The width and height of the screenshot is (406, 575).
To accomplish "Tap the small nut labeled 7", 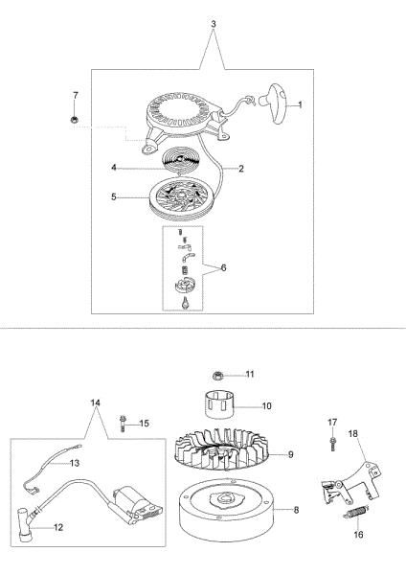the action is [x=75, y=119].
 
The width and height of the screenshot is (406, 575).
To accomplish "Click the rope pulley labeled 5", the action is [x=180, y=198].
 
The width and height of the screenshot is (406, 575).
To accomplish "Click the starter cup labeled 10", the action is [x=219, y=405].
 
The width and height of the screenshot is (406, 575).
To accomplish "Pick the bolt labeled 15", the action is [x=123, y=424].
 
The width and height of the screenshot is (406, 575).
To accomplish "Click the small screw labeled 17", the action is [x=332, y=444].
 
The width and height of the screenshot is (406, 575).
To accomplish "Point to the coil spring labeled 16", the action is [x=355, y=512].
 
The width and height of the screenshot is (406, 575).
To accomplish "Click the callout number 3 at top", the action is [x=214, y=24].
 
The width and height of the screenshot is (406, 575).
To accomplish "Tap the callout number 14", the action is [x=95, y=402].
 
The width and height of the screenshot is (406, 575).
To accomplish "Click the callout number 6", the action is [x=223, y=267].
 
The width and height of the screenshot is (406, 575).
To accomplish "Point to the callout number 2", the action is [x=240, y=169].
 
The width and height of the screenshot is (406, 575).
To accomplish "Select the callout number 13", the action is [x=75, y=463].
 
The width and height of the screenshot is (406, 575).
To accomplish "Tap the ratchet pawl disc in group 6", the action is [x=186, y=286].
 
